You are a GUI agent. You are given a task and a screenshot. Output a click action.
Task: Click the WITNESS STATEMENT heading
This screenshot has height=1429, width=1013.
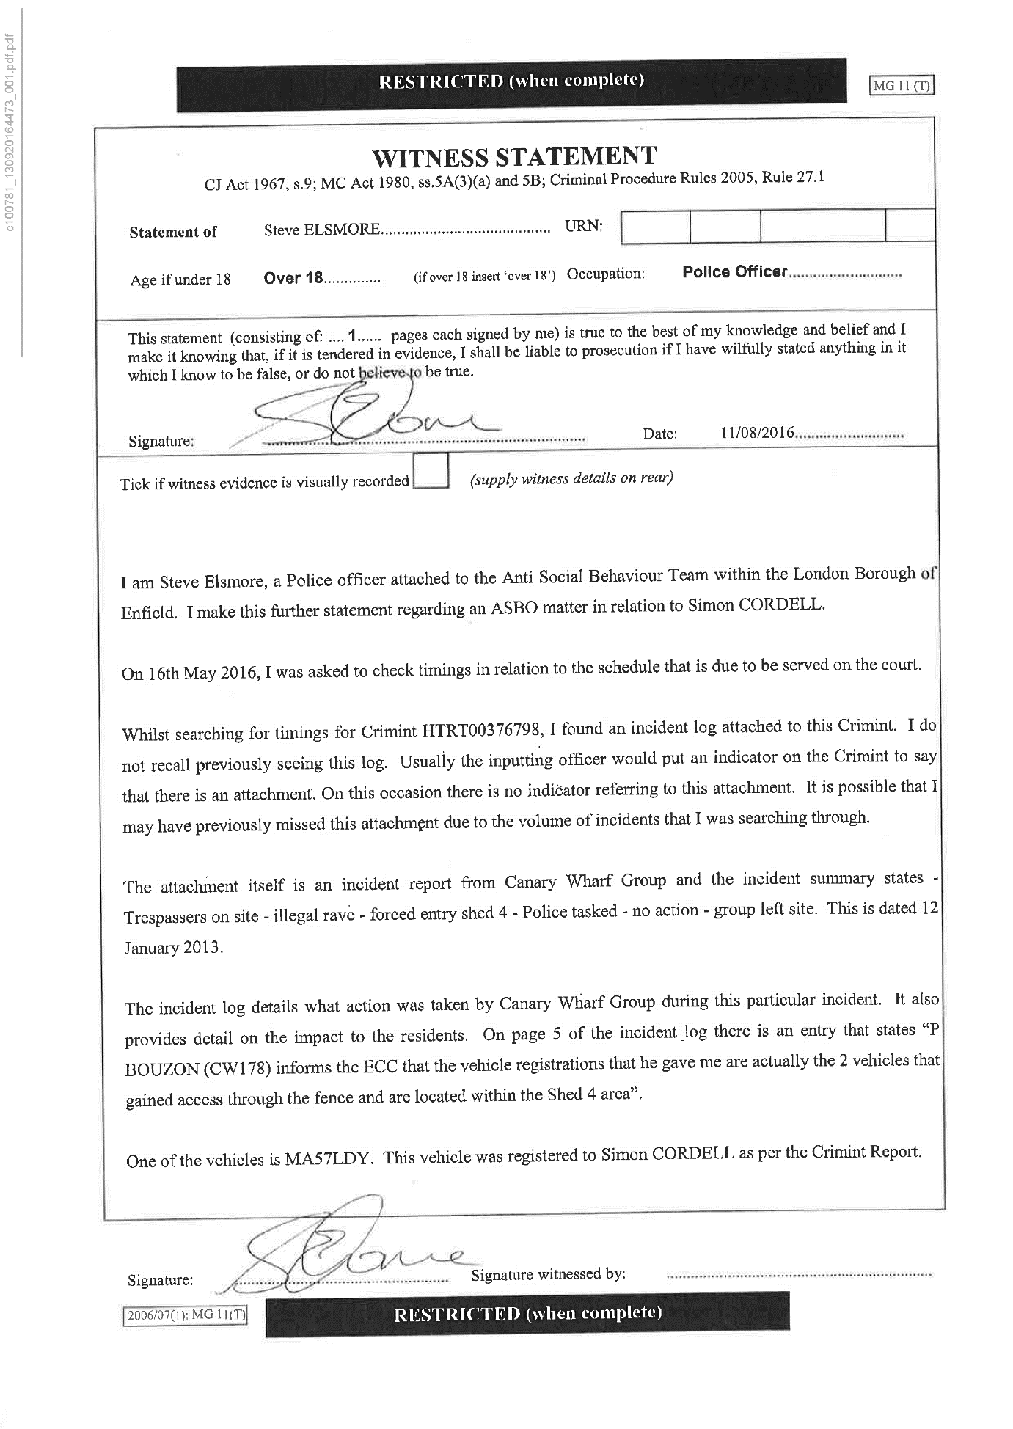coord(514,156)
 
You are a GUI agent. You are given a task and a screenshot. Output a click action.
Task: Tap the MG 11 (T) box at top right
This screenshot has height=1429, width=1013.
coord(902,86)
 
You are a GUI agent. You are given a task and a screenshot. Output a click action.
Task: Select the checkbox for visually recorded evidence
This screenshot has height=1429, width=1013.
coord(431,472)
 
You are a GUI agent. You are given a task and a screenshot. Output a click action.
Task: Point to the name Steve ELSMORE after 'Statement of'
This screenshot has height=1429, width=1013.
coord(321,230)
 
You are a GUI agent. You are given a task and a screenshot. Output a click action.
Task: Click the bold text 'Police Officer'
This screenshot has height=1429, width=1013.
coord(734,272)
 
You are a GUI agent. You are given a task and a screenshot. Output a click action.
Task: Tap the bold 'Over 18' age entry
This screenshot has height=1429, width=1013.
coord(293,278)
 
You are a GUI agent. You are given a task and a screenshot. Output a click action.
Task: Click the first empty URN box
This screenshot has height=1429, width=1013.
coord(655,227)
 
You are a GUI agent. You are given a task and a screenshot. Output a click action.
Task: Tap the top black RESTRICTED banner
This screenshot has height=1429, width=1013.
coord(511,81)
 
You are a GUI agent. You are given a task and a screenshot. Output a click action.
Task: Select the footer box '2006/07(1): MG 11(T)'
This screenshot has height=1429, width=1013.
coord(185,1315)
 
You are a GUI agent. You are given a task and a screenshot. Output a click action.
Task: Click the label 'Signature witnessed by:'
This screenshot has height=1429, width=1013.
coord(548,1274)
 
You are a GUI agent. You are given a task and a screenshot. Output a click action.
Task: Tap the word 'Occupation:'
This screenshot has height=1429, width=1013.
coord(606,274)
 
